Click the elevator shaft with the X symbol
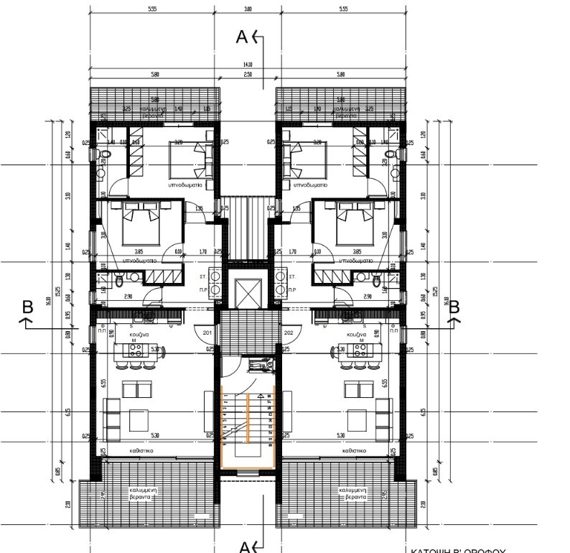247,292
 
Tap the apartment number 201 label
207,333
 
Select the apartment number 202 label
289,333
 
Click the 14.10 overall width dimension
248,65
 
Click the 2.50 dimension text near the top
248,74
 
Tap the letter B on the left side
28,307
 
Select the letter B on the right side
453,307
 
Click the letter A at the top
243,37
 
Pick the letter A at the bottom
244,547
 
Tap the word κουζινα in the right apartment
357,335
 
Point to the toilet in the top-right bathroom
392,156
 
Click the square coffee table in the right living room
357,418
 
